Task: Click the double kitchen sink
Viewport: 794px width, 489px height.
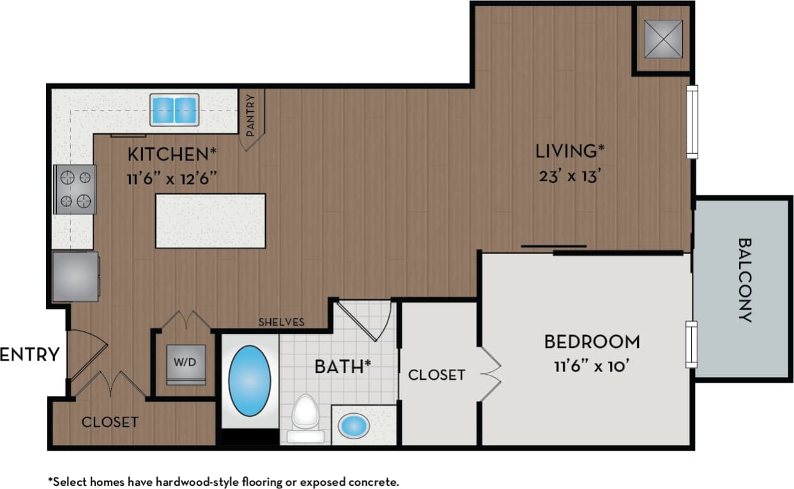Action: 174,110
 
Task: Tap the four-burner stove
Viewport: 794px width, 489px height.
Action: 75,189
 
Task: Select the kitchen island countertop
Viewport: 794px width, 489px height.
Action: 210,221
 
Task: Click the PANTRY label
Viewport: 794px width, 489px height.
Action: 250,116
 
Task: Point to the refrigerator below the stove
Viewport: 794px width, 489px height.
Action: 75,276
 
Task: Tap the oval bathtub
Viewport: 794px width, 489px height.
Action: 249,382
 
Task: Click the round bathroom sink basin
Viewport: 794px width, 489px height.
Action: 353,425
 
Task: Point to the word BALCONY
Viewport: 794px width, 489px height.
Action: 745,280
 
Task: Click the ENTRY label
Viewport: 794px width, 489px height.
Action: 29,354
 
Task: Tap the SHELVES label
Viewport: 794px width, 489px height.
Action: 281,322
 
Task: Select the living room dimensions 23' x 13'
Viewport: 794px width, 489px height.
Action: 569,176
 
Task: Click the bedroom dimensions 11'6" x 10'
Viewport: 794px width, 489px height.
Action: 592,367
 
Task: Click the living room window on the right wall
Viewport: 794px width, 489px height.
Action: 692,121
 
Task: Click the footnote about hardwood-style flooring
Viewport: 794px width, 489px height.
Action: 223,481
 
